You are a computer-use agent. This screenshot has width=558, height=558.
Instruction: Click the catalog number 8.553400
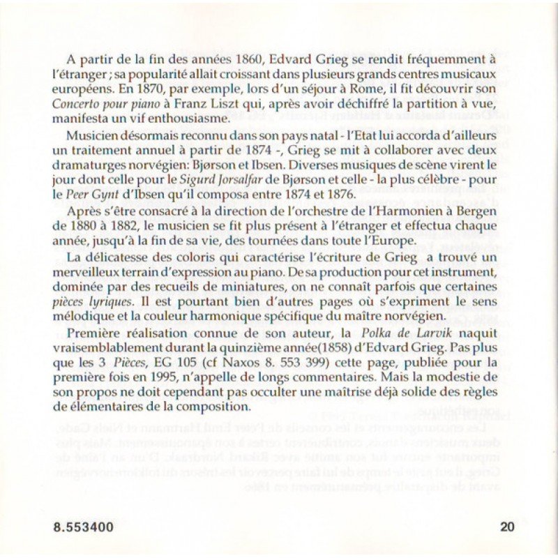tap(83, 527)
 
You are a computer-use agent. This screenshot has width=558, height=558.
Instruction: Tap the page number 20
tap(508, 527)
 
